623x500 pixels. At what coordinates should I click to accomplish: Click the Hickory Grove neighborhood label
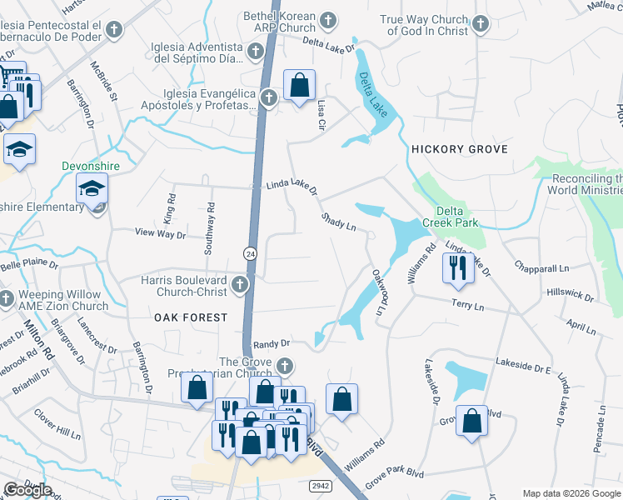coord(459,148)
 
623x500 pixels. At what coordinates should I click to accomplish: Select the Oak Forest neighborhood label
coord(190,317)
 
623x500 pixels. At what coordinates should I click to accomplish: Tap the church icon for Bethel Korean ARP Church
coord(328,19)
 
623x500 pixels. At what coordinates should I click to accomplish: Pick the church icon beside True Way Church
coord(481,24)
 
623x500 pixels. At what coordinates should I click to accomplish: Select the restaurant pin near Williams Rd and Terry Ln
coord(456,267)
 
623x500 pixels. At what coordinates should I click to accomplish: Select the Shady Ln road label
coord(339,222)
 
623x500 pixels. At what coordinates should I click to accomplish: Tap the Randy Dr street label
coord(271,343)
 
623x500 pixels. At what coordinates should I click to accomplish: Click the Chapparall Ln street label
coord(541,267)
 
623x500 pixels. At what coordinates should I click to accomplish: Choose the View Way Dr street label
coord(160,235)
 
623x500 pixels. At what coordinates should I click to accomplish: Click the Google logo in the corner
coord(27,489)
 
